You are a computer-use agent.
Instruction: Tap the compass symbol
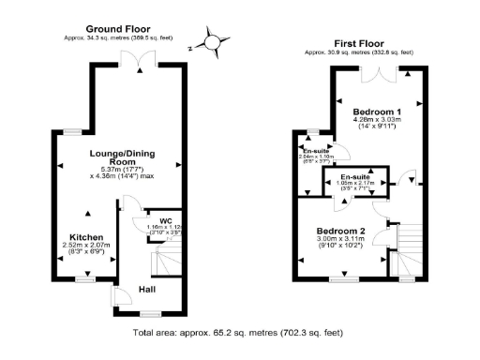click(x=214, y=42)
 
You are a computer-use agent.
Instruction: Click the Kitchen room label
click(x=86, y=237)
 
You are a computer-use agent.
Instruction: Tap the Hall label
click(x=148, y=290)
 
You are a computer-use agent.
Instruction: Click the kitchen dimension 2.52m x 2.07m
click(x=86, y=246)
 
